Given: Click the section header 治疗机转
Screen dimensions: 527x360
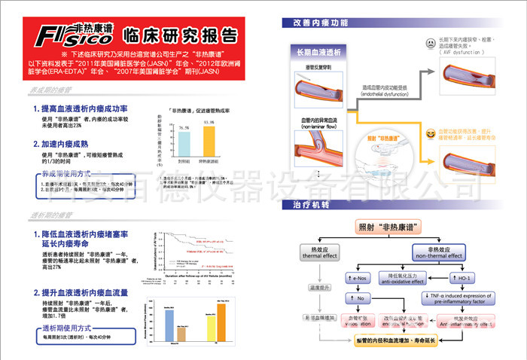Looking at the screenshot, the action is coord(310,206).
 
